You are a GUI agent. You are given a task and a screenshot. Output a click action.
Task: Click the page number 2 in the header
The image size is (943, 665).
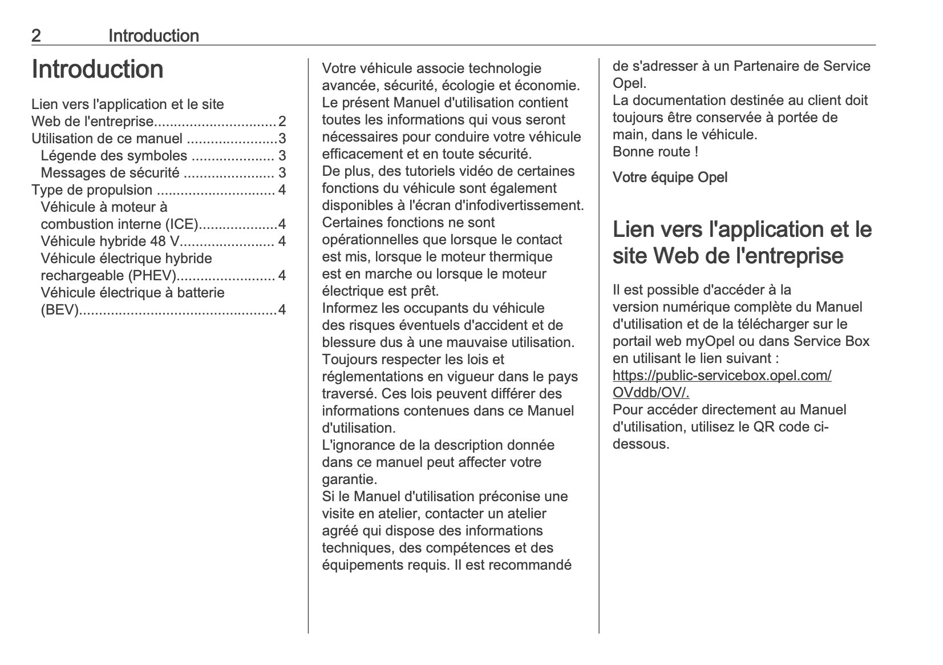(36, 36)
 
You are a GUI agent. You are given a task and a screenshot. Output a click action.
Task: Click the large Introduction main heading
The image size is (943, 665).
(98, 70)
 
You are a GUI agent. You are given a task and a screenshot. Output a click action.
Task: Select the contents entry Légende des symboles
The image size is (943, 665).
(114, 156)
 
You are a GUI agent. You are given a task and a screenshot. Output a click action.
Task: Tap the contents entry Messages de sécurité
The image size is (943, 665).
(110, 173)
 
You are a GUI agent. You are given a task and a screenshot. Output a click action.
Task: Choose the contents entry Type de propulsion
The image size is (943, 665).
(92, 190)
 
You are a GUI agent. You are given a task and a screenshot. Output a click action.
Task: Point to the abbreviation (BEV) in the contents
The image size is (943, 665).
(59, 310)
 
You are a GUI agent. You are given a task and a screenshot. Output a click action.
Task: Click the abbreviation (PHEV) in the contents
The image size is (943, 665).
(152, 276)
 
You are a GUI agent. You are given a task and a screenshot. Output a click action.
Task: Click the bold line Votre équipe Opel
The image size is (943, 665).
(670, 178)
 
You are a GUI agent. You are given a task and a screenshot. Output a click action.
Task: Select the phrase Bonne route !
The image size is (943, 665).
(655, 152)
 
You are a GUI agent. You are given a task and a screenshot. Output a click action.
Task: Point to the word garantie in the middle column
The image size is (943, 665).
(349, 479)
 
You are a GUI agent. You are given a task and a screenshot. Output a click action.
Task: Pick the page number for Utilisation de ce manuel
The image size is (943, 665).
(282, 139)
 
